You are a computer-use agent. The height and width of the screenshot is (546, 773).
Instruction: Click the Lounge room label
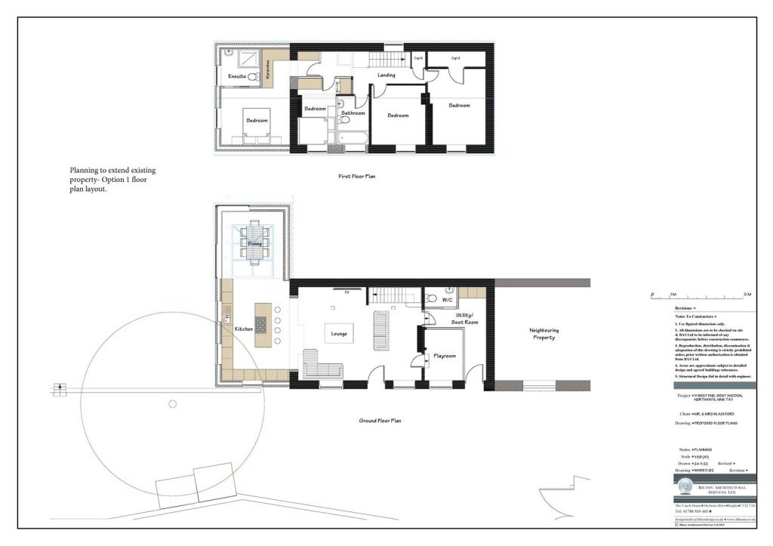(x=338, y=333)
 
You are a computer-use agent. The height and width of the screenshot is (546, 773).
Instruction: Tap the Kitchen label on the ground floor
(x=243, y=329)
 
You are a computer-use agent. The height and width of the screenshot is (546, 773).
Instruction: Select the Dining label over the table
(x=254, y=244)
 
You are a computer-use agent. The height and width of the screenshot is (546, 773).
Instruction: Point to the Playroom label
(x=444, y=356)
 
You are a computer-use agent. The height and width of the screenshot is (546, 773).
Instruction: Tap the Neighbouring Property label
(x=543, y=333)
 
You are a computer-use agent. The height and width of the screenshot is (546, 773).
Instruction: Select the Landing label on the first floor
(x=386, y=76)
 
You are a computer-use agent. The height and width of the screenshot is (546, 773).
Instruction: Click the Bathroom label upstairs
(x=353, y=113)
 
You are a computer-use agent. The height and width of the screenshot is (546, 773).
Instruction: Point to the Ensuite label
(x=236, y=77)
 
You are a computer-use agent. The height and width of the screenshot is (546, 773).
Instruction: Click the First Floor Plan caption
(x=356, y=177)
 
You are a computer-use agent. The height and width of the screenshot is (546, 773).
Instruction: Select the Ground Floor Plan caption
(x=380, y=420)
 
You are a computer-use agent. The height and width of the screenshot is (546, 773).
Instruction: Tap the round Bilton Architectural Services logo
(x=685, y=486)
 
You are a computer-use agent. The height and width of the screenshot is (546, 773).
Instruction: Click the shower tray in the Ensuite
(x=247, y=60)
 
